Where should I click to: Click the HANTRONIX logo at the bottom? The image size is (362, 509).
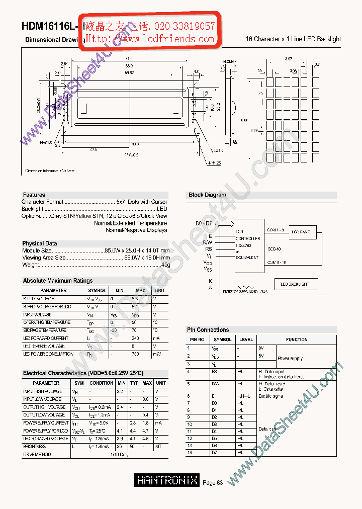(x=167, y=480)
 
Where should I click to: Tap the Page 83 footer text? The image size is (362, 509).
(x=213, y=483)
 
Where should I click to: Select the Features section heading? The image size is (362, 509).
(x=34, y=195)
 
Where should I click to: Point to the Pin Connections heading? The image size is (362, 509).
(x=208, y=330)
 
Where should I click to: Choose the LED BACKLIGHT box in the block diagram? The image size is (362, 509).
(x=295, y=284)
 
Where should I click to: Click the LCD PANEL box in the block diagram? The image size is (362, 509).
(x=302, y=232)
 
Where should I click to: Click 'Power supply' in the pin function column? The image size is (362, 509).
(x=290, y=359)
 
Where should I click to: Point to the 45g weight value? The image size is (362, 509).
(x=165, y=265)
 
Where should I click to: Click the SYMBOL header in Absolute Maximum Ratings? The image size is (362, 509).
(x=97, y=291)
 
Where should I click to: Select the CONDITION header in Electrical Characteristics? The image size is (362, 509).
(x=101, y=383)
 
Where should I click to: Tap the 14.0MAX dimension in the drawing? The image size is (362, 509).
(x=229, y=61)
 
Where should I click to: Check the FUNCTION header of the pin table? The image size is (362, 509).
(x=297, y=340)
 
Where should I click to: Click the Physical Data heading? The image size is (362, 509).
(x=40, y=243)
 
